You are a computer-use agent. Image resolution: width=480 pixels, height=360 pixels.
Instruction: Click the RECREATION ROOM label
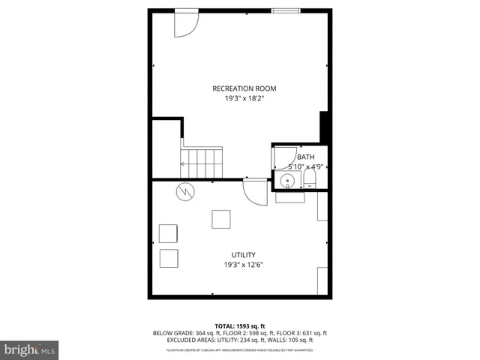click(x=239, y=88)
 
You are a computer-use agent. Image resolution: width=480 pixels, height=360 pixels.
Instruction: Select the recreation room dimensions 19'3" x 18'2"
click(x=239, y=98)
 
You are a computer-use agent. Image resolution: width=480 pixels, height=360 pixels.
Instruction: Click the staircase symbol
click(x=202, y=159)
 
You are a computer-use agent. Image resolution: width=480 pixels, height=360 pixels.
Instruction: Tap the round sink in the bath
click(x=287, y=180)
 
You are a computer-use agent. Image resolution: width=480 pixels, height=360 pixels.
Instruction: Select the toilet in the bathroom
click(x=310, y=178)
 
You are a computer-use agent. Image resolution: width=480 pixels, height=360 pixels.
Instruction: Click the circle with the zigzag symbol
click(x=184, y=192)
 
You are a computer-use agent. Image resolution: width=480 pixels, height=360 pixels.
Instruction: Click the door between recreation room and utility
click(x=256, y=192)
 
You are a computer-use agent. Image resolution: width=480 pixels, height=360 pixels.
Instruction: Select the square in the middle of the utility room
click(x=221, y=218)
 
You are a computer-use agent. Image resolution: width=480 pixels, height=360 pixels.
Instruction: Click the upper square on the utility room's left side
click(x=169, y=232)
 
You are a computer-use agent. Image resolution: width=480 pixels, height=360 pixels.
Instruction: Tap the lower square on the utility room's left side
click(x=169, y=258)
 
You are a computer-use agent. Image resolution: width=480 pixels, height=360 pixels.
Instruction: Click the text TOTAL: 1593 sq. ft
click(x=239, y=325)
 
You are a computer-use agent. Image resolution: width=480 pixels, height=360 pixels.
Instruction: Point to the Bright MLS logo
click(x=30, y=350)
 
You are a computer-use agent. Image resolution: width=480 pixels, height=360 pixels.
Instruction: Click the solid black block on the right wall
click(x=325, y=125)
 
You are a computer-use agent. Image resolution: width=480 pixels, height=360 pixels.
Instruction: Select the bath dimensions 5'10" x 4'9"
click(x=300, y=166)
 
